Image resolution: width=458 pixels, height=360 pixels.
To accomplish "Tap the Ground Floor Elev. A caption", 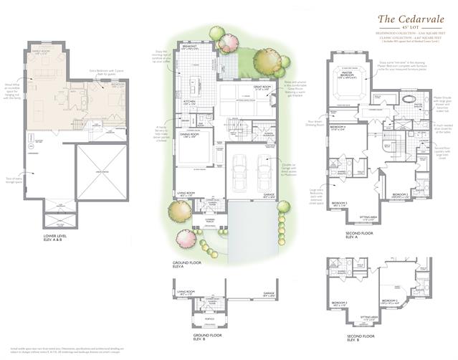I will coord(188,265).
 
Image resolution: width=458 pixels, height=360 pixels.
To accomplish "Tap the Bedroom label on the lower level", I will coord(117,84).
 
